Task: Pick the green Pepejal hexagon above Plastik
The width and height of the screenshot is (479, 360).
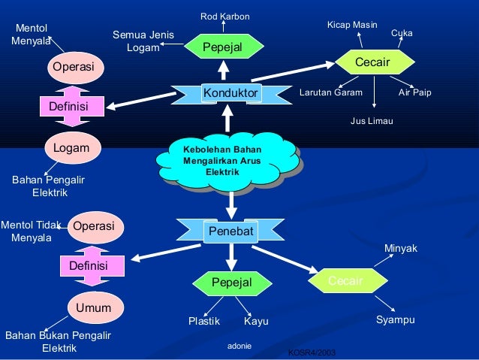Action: point(230,282)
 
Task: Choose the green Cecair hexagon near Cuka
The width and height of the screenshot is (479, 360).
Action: point(372,62)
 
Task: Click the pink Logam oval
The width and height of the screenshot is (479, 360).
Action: point(71,148)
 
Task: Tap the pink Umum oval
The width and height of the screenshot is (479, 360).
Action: point(93,308)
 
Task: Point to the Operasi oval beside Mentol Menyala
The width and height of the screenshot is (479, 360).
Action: point(73,67)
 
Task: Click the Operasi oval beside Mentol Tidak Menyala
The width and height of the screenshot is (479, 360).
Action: point(93,226)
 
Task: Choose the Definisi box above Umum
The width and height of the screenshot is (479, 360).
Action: point(89,266)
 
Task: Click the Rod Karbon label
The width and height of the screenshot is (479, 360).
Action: point(224,17)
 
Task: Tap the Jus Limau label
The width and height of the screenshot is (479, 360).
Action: point(372,120)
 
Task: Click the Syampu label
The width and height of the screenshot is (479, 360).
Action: point(395,321)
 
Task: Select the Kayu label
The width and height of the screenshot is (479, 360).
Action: point(256,322)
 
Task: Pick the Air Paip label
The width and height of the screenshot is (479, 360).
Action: point(414,93)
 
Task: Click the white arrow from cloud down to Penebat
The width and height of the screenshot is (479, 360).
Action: point(231,201)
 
